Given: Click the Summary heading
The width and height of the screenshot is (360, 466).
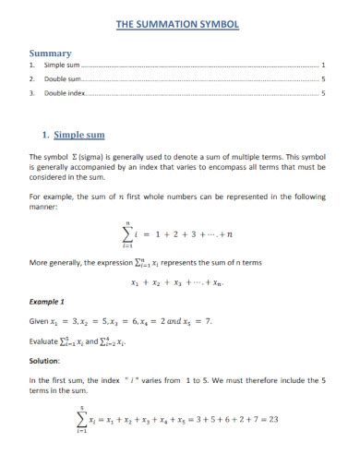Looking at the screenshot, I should pos(51,53).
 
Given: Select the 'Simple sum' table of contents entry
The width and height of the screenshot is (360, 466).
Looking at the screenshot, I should pos(64,66).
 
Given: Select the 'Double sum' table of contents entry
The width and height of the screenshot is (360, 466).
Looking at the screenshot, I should pos(64,80).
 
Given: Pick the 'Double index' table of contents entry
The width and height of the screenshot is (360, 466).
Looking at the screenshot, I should pos(66,93).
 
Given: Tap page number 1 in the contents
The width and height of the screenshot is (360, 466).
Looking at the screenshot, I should pos(322,66).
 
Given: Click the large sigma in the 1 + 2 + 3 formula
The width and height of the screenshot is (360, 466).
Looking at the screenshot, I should pos(127,235).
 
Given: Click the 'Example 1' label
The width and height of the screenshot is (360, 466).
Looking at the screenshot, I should pos(48,302).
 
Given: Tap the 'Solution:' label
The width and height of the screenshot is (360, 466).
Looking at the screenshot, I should pos(46,361).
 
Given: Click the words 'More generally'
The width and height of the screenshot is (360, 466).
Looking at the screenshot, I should pos(58,262).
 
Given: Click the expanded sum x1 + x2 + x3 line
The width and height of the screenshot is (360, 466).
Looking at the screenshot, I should pos(178,282).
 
